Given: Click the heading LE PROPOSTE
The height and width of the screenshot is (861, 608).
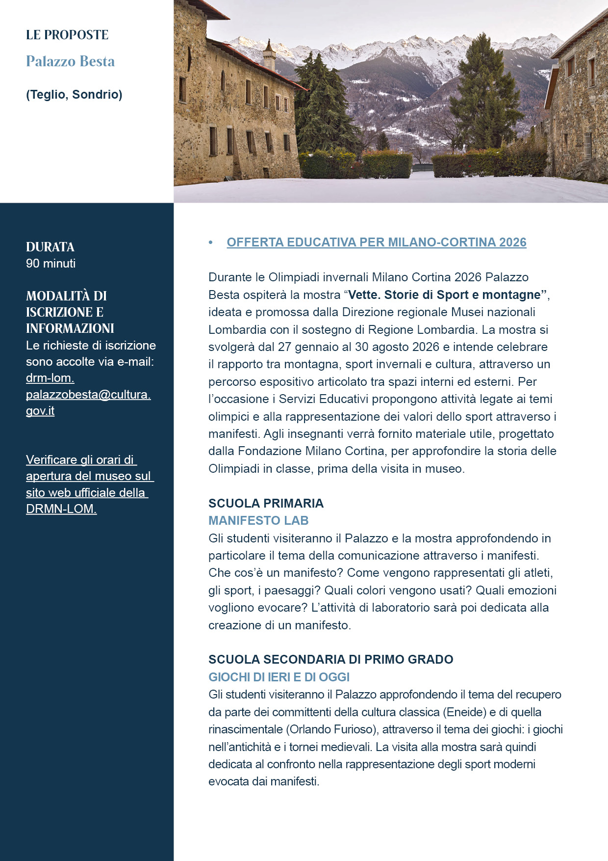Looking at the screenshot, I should (67, 35).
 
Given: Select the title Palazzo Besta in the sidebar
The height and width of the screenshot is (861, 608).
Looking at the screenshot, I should (70, 61).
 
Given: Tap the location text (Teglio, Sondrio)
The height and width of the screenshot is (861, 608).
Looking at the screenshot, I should (74, 94).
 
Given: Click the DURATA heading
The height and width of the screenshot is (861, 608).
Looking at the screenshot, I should (50, 247).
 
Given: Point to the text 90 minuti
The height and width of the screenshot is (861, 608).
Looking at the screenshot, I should (51, 264).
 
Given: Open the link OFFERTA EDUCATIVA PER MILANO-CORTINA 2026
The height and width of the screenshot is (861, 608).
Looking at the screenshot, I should (376, 242).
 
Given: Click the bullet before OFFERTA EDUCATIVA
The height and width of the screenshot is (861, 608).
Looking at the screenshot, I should (211, 242).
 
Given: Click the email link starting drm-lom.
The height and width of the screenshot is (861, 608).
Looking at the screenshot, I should (88, 394).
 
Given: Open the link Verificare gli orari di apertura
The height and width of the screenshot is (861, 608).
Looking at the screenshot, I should (88, 484).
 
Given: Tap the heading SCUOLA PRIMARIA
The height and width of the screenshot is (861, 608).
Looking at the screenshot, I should (266, 503).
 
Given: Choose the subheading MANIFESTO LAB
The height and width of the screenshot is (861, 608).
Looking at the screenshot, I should (258, 520).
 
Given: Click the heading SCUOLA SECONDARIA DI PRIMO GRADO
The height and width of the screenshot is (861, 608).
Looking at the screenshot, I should (330, 659).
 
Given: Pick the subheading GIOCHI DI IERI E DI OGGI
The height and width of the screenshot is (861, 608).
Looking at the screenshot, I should (279, 677).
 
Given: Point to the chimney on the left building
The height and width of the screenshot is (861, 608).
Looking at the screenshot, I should (269, 55).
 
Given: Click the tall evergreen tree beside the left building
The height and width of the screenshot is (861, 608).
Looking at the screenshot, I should (322, 108).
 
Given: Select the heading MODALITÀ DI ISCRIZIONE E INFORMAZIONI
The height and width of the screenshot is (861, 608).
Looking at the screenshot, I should (70, 312).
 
